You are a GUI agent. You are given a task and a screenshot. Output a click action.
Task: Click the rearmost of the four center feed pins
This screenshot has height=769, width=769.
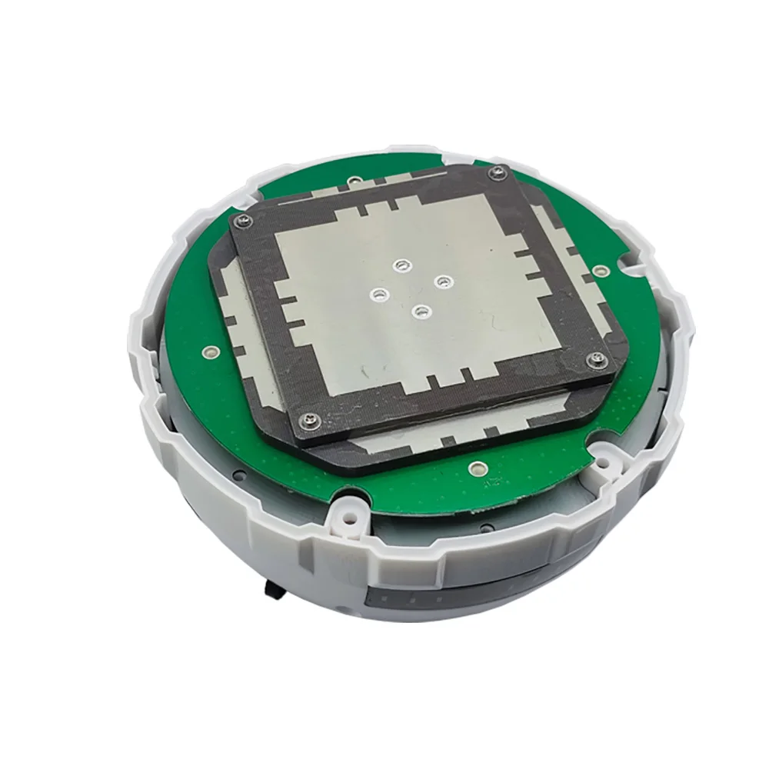click(399, 266)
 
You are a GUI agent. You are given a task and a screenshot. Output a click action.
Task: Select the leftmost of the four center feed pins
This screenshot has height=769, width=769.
click(378, 294)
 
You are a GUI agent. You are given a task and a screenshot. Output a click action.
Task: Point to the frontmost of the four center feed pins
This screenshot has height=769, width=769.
click(420, 311)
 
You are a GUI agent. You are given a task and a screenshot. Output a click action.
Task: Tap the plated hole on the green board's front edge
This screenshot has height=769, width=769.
click(476, 467)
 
